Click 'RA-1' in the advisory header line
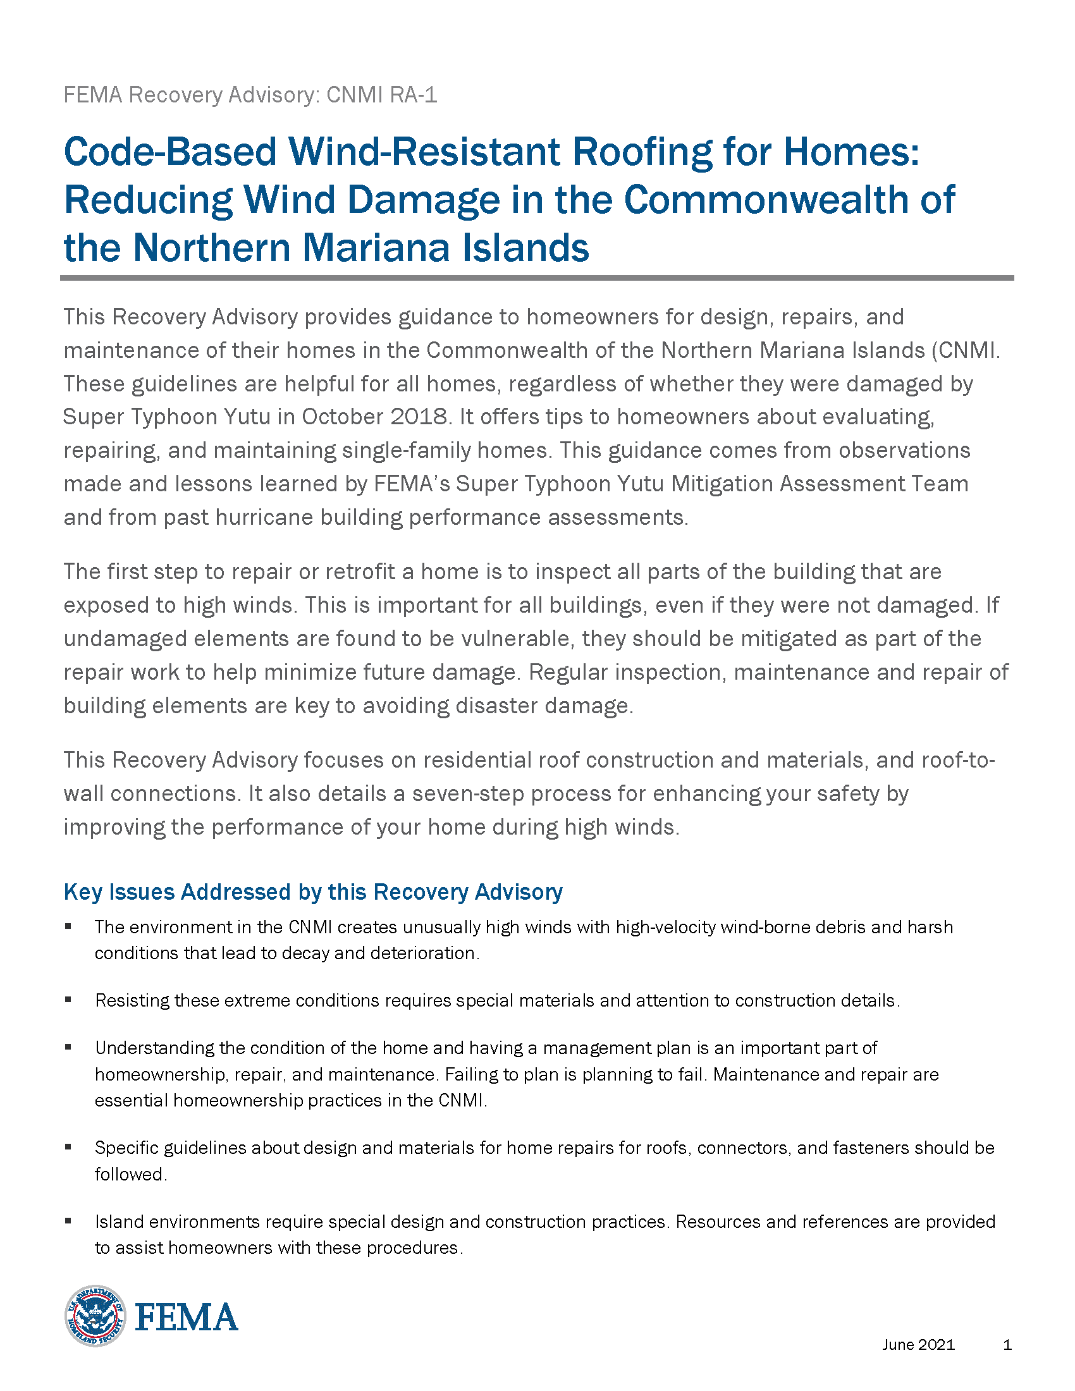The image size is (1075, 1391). tap(414, 95)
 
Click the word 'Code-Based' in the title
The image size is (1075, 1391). tap(170, 152)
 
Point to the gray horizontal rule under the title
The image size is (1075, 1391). tap(537, 278)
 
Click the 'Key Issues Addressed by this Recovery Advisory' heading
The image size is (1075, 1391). tap(312, 892)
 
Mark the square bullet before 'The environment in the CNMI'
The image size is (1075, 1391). tap(68, 927)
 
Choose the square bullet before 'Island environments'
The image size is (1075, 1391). tap(68, 1222)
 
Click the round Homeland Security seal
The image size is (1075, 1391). tap(95, 1316)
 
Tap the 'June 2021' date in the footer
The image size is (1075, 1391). tap(918, 1344)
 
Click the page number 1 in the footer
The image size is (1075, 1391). tap(1007, 1344)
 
